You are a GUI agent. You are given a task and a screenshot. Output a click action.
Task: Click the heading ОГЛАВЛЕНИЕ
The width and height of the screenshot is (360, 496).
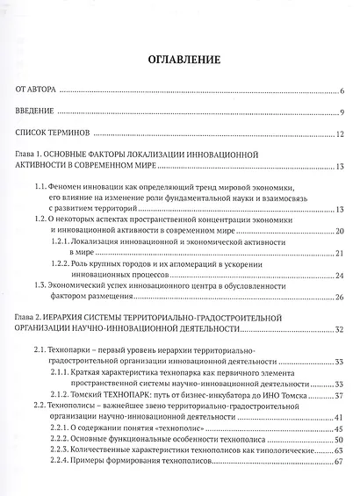[x=179, y=60]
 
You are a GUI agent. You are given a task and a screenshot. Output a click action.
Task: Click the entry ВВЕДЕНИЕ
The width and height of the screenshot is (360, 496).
[x=36, y=113]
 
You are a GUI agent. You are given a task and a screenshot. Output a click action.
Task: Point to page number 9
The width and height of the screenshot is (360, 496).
[x=342, y=113]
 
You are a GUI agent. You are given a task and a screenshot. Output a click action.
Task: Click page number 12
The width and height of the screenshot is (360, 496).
[x=340, y=135]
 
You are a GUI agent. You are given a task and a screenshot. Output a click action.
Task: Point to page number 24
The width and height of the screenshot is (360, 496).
[x=339, y=274]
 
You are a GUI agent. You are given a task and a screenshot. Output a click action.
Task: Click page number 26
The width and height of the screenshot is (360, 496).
[x=339, y=298]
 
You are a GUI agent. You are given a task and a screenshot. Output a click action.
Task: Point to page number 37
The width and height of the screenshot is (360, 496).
[x=339, y=394]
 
